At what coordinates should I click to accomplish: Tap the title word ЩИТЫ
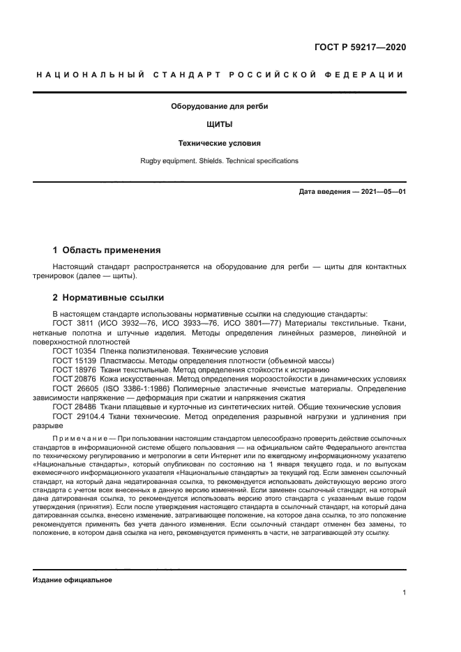click(x=220, y=125)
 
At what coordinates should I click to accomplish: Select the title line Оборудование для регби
click(x=220, y=107)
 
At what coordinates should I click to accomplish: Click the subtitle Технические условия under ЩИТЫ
click(x=220, y=143)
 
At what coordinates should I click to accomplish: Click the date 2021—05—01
click(x=380, y=191)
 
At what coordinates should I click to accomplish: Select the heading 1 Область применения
click(x=107, y=250)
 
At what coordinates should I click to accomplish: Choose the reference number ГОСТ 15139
click(x=75, y=361)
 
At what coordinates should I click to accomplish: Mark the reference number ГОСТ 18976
click(x=75, y=370)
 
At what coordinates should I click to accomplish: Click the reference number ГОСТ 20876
click(x=75, y=379)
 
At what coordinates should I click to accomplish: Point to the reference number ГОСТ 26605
click(x=75, y=388)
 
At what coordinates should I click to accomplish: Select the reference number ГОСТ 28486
click(x=75, y=407)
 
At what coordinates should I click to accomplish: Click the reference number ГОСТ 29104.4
click(x=78, y=416)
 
